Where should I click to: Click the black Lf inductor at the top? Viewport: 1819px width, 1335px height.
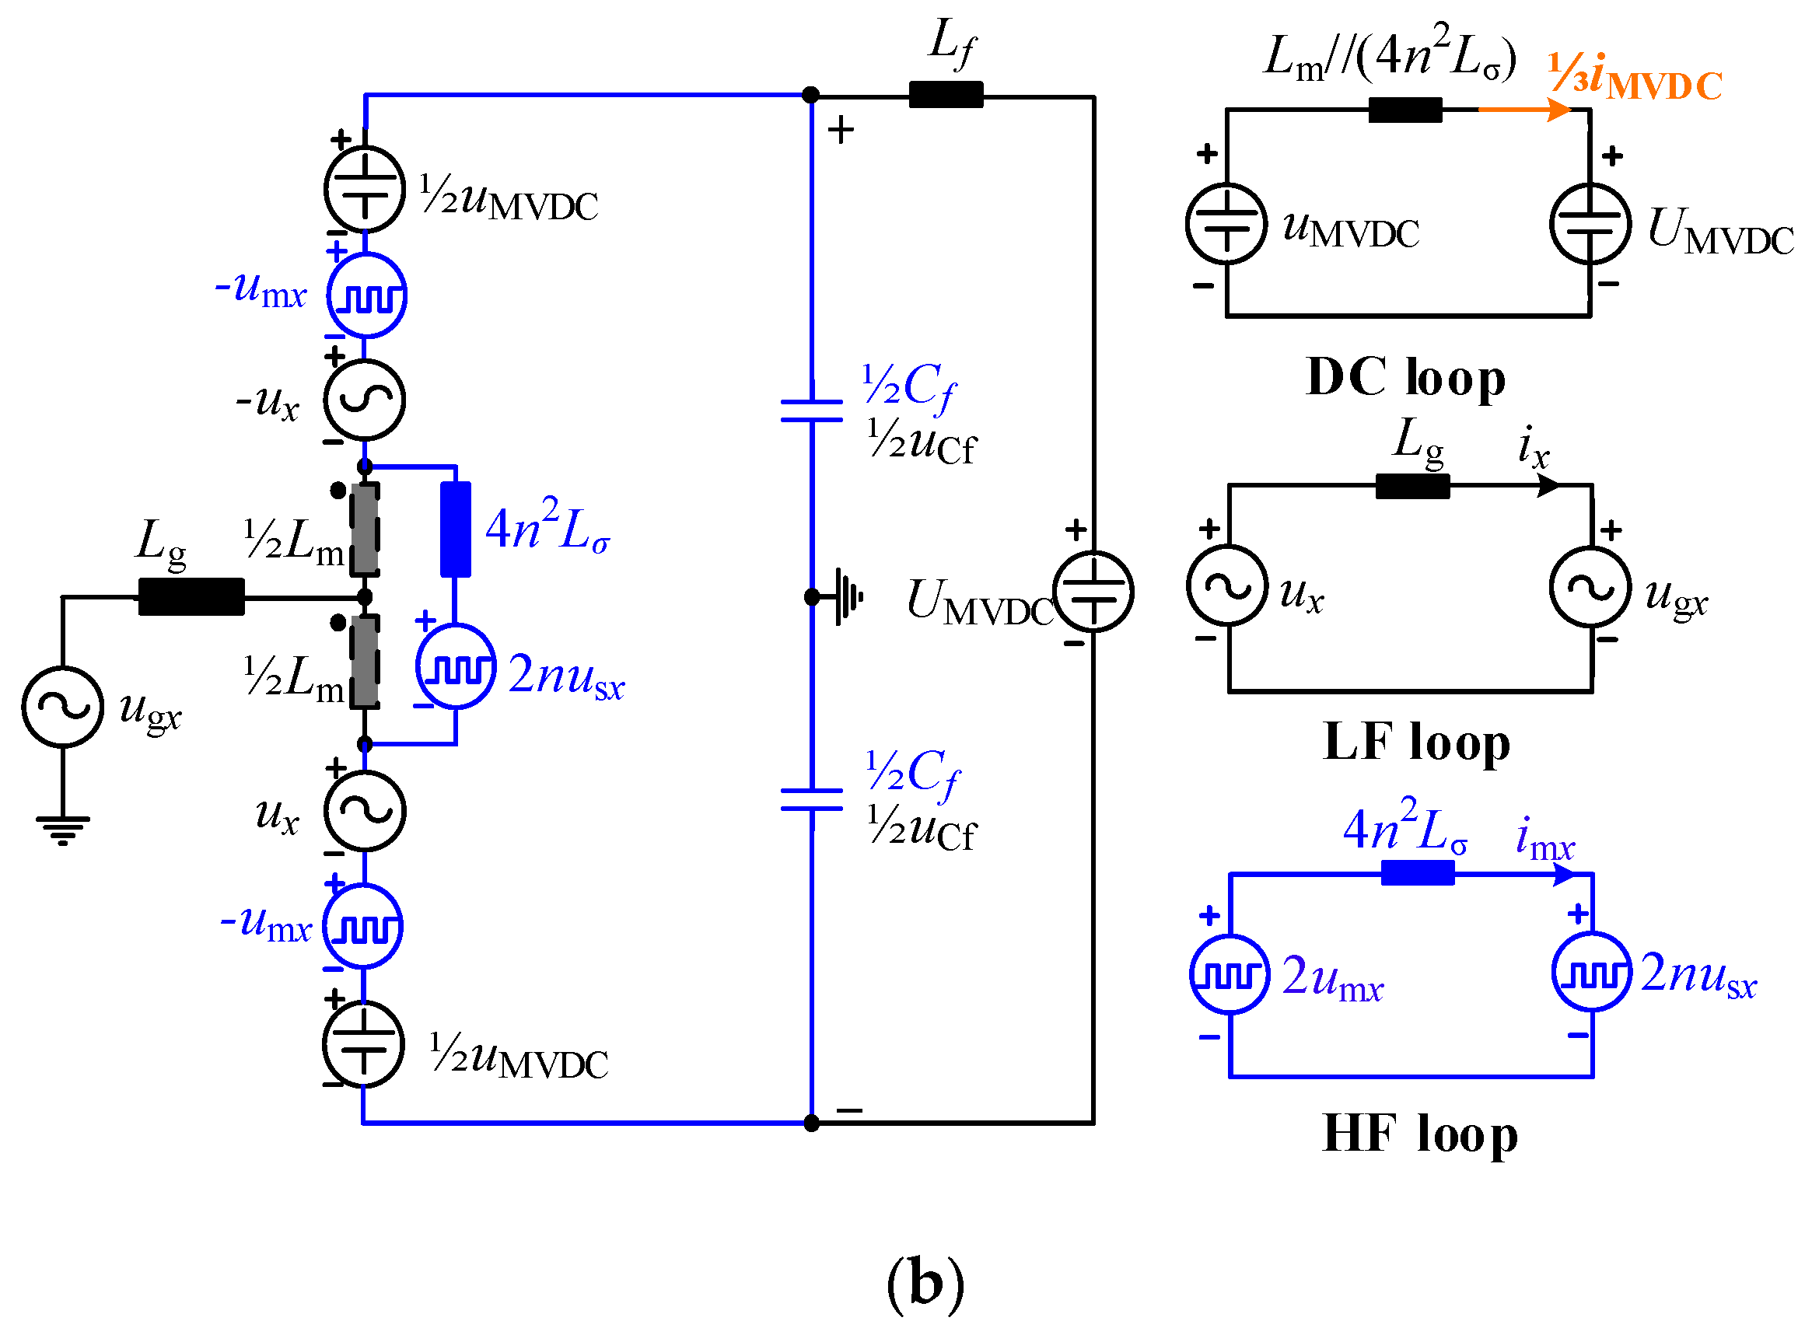(946, 95)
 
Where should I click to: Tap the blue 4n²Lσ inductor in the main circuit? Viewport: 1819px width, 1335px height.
(455, 529)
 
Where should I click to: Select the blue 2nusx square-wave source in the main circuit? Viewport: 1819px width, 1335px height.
(455, 666)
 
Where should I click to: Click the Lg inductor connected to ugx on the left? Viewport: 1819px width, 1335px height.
(191, 596)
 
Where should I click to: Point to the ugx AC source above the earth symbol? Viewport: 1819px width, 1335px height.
(62, 706)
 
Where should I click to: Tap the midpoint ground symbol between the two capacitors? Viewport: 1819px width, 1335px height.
(846, 596)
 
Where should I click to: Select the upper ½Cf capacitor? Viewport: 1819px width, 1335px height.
(811, 411)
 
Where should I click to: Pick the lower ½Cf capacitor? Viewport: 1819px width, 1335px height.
(811, 799)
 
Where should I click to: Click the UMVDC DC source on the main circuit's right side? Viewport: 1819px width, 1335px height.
(1093, 592)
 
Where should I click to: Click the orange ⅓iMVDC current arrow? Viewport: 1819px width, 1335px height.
(1524, 109)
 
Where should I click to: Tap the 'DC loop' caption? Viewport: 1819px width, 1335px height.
(1405, 377)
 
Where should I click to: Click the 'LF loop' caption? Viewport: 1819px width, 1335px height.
(1415, 742)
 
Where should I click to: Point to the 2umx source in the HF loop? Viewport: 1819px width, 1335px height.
(1229, 974)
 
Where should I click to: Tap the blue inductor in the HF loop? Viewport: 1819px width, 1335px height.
(1417, 872)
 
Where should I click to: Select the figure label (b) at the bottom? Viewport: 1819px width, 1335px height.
(925, 1283)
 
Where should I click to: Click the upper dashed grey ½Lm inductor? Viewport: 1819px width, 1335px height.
(365, 529)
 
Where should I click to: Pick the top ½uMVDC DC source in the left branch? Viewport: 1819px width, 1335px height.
(365, 189)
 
